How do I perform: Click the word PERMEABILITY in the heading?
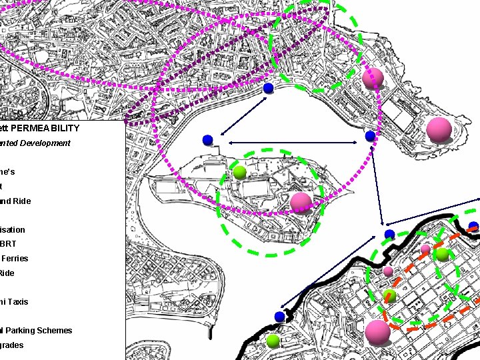45,128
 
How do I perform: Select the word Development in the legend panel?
47,143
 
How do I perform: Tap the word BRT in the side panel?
9,244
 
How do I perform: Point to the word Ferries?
15,259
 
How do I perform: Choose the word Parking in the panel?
21,331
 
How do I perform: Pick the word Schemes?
55,331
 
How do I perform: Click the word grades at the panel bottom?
12,345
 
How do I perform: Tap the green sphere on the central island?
240,172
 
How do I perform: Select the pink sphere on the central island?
301,201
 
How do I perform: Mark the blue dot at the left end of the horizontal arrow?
207,139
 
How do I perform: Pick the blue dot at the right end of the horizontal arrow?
370,136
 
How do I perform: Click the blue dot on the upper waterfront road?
268,88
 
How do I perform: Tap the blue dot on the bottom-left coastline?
279,316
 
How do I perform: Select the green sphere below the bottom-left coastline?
273,341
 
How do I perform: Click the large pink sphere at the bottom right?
378,332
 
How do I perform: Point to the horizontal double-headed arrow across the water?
293,143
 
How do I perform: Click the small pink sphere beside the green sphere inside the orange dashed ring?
425,249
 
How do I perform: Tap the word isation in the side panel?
13,230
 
